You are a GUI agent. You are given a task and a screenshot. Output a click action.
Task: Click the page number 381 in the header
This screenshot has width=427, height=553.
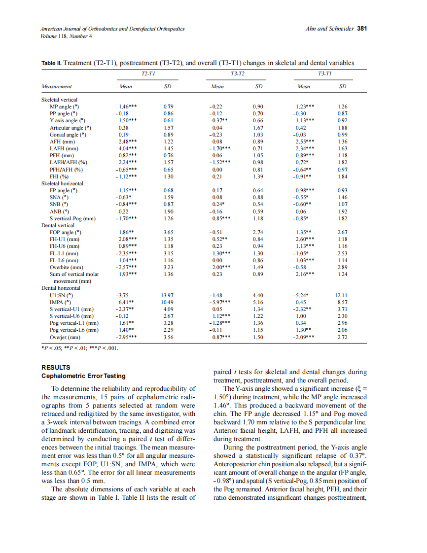tap(362, 29)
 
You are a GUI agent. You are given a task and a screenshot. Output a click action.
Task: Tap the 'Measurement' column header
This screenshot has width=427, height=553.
tap(56, 87)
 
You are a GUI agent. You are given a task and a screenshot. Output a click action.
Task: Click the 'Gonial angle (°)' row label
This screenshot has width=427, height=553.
tap(68, 135)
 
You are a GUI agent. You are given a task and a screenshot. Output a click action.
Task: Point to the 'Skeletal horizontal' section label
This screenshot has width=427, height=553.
tap(62, 183)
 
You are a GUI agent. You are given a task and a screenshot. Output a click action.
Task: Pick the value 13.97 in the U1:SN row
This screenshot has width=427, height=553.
tap(168, 295)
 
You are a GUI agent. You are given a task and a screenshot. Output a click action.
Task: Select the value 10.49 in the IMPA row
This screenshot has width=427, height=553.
tap(168, 302)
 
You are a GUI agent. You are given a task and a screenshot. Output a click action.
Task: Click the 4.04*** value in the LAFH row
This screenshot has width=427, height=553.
tap(128, 148)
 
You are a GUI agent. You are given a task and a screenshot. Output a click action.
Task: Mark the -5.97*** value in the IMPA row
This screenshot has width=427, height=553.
tap(219, 302)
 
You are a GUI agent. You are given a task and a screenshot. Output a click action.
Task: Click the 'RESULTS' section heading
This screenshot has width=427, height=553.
tap(56, 368)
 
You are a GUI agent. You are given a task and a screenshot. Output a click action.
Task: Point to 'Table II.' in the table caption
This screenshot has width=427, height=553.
tap(52, 63)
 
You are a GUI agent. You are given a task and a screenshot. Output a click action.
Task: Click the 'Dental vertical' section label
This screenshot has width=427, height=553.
tap(59, 225)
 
